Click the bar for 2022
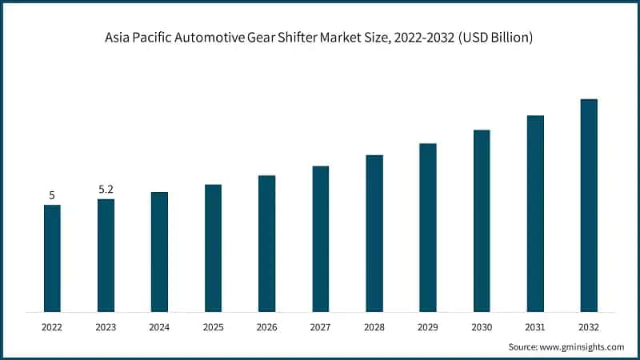(x=52, y=258)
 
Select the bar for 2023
(x=106, y=254)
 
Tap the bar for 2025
(x=213, y=247)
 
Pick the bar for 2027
(x=321, y=238)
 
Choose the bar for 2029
(x=428, y=227)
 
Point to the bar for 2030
(x=482, y=220)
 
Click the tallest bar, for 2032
(x=589, y=205)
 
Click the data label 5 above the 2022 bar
(x=52, y=195)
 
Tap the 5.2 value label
(x=106, y=190)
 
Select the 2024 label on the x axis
(x=159, y=326)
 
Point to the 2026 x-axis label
(x=266, y=326)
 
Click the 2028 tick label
(x=374, y=326)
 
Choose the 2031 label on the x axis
(x=535, y=326)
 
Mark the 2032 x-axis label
(x=589, y=326)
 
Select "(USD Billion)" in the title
(x=494, y=38)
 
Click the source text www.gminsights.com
(x=581, y=346)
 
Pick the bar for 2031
(x=535, y=213)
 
